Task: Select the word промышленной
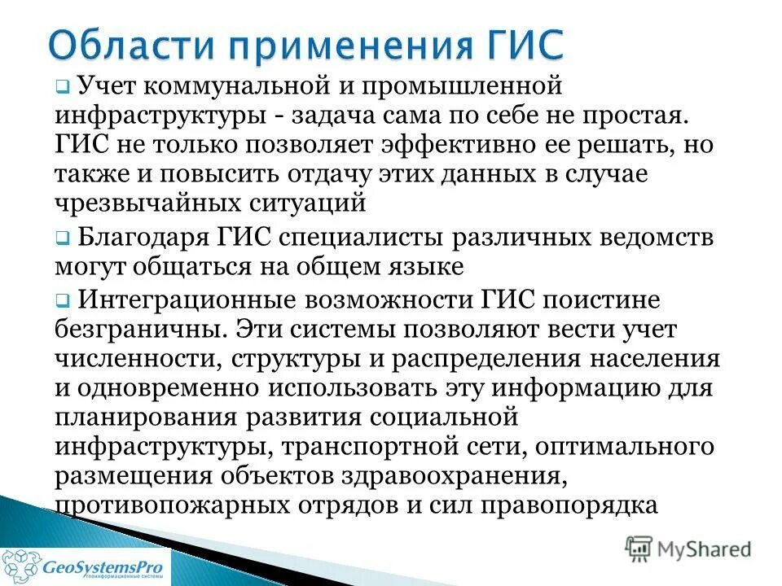[x=452, y=84]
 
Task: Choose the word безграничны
[x=139, y=329]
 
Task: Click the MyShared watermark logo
[x=688, y=548]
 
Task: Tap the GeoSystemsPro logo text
[x=106, y=566]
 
